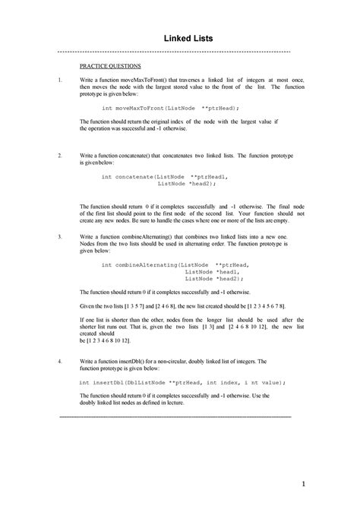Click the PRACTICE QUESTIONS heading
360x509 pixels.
coord(112,66)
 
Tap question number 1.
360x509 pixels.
coord(59,80)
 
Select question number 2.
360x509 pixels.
coord(59,154)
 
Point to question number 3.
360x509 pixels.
coord(59,237)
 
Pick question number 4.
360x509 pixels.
coord(59,362)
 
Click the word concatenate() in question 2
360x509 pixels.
coord(148,154)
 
